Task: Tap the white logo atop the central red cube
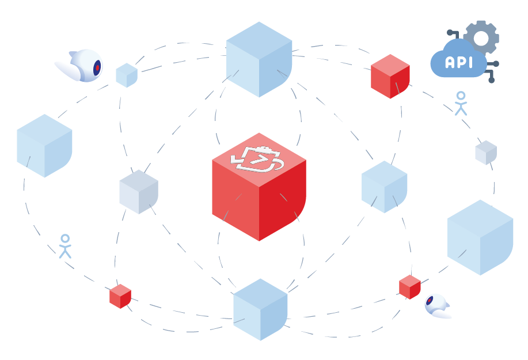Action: coord(258,159)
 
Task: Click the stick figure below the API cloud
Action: coord(460,103)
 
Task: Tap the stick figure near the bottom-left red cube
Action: coord(65,246)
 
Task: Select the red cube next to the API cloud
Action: coord(390,77)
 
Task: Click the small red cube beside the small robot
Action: coord(409,287)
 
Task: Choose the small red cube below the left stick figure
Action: coord(120,296)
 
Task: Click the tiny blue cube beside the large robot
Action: coord(127,75)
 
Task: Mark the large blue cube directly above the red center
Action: coord(259,59)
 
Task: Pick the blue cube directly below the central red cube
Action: coord(260,309)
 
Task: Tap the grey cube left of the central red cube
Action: coord(139,192)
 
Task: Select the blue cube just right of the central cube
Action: coord(384,187)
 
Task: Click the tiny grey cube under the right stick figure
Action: coord(485,152)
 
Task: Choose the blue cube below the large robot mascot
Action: coord(44,146)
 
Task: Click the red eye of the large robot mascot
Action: coord(97,67)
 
